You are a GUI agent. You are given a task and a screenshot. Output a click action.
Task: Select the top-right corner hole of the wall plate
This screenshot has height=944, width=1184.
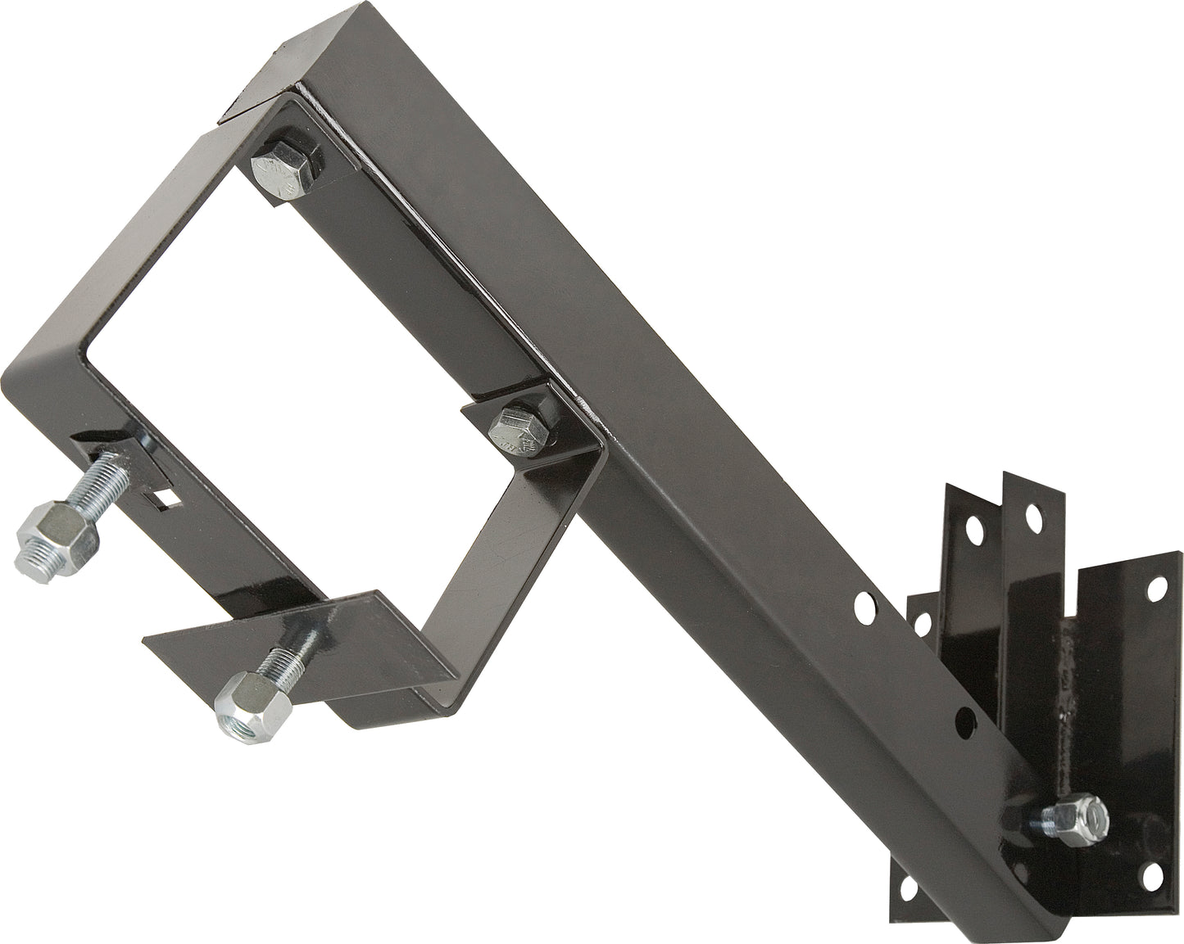pyautogui.click(x=1158, y=586)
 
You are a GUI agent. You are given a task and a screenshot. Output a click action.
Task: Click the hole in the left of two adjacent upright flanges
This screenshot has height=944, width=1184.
pyautogui.click(x=978, y=524)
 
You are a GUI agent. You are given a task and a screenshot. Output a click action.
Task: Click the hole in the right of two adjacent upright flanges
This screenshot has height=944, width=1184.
pyautogui.click(x=1035, y=517)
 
